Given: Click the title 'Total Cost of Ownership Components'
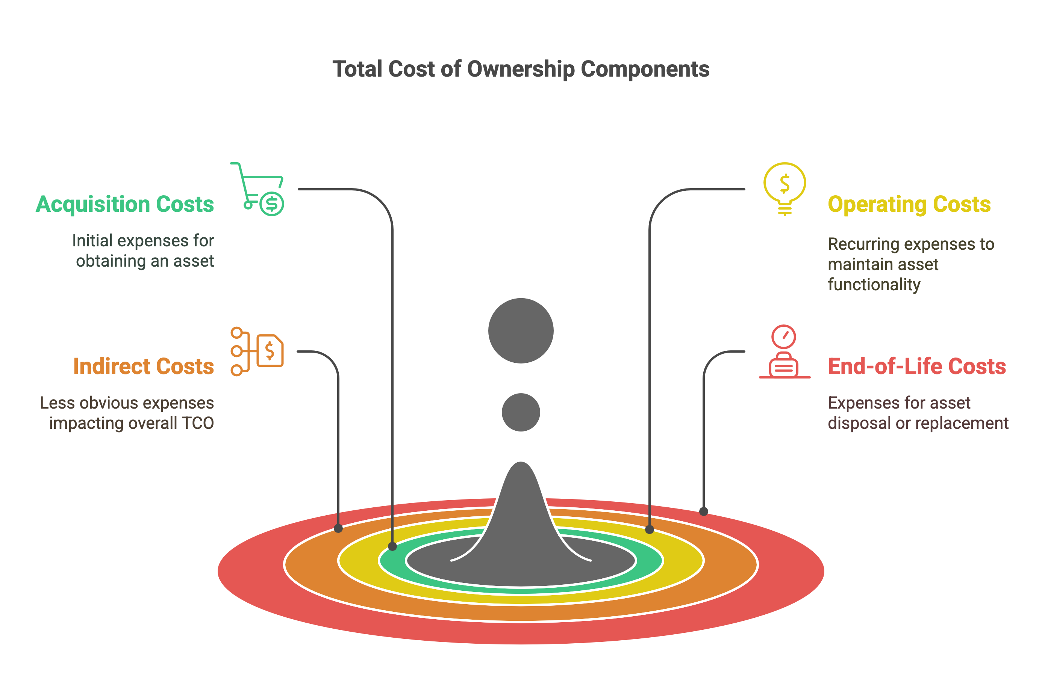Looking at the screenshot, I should [521, 69].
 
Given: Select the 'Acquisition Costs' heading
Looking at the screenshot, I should [125, 204].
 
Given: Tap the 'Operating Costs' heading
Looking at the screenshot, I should [909, 204].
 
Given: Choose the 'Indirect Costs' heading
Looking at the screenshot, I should [144, 367].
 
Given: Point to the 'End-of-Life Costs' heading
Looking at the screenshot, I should [916, 367].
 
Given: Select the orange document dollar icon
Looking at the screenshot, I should [257, 352].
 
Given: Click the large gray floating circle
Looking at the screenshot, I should [521, 331].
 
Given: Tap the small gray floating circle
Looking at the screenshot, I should [521, 412].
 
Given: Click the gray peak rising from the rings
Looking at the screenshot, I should [521, 513].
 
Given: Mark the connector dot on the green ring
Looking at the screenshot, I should [392, 546].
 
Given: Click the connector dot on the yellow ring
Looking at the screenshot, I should [650, 530].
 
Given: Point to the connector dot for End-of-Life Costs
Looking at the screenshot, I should [704, 511].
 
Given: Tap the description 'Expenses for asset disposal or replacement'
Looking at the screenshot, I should [917, 413].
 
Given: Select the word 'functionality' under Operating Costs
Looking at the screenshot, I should [874, 284].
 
